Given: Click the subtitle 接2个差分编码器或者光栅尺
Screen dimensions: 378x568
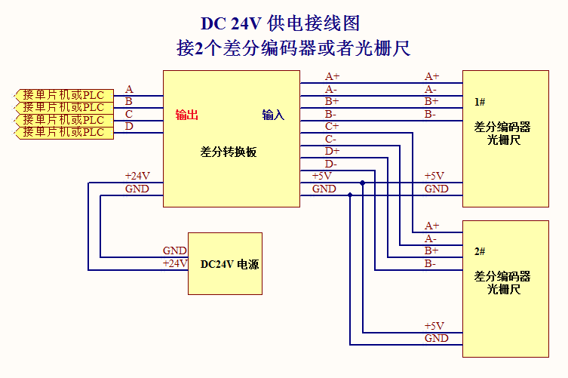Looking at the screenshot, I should [293, 49].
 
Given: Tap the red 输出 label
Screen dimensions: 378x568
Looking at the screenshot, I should [187, 115].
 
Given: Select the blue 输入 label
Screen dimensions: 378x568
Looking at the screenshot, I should [273, 115].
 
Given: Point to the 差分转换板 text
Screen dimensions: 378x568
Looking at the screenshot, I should [229, 151].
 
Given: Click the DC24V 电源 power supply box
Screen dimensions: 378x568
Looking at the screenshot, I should [225, 263].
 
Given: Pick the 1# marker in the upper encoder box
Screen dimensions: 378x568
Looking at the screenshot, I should [480, 101].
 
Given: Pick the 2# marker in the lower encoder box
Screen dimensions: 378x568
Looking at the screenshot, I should [480, 251].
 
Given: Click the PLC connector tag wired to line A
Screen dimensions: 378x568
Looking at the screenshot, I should [63, 95].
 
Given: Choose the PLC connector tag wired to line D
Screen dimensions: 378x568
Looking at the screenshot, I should [63, 133].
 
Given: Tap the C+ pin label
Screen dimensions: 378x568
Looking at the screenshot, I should [332, 126].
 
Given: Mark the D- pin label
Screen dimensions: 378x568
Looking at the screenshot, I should [331, 164].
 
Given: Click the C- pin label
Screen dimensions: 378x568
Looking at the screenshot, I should [331, 139].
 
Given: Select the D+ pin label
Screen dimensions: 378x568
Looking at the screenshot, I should [332, 151].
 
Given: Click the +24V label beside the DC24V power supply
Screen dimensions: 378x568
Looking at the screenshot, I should [175, 263].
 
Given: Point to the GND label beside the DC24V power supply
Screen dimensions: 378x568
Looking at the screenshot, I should [175, 250].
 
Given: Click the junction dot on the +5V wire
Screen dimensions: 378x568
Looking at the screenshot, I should [363, 183].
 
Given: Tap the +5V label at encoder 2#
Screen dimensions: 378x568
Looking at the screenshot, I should [434, 326].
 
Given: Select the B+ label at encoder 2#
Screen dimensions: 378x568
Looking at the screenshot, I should [431, 250].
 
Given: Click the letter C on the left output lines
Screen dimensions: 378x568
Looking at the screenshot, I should [129, 114].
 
